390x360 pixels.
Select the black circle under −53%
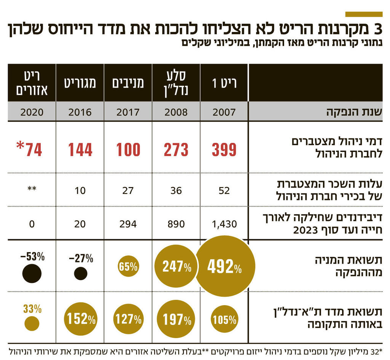coord(32,273)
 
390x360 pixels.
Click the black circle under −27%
coord(80,273)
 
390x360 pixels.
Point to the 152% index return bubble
coord(81,318)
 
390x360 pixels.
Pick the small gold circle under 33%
coord(32,323)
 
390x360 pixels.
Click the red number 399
coord(224,150)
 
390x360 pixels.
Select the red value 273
coord(176,150)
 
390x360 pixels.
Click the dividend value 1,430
coord(224,224)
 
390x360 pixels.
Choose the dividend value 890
coord(176,224)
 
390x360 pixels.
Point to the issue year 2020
coord(32,112)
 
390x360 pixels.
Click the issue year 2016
coord(80,112)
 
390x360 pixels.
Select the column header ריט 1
coord(224,83)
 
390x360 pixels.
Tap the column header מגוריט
coord(80,83)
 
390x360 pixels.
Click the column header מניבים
coord(128,83)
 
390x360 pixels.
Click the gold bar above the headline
coord(363,14)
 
